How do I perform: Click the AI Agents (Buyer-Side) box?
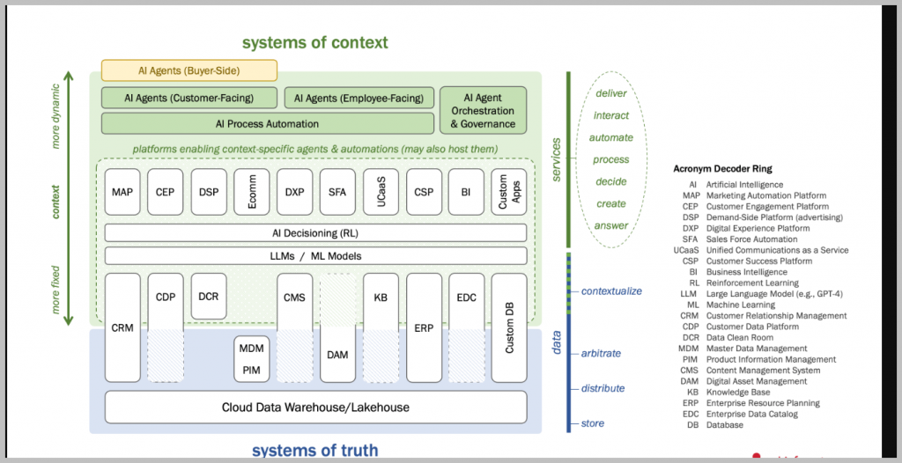pyautogui.click(x=189, y=70)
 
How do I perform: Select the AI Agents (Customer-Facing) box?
pyautogui.click(x=189, y=98)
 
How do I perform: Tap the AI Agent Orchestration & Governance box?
pyautogui.click(x=483, y=111)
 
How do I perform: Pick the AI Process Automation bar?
pyautogui.click(x=268, y=123)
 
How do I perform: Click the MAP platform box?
pyautogui.click(x=122, y=191)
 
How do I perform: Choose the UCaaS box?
pyautogui.click(x=380, y=191)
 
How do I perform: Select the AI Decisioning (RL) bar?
pyautogui.click(x=315, y=232)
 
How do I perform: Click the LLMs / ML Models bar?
pyautogui.click(x=315, y=256)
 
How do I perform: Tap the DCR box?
pyautogui.click(x=208, y=297)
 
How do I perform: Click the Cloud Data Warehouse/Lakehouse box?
pyautogui.click(x=315, y=408)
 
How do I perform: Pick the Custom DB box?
pyautogui.click(x=509, y=327)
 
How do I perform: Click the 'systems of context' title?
pyautogui.click(x=314, y=42)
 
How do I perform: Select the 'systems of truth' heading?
pyautogui.click(x=314, y=451)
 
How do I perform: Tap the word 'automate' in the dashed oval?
pyautogui.click(x=611, y=137)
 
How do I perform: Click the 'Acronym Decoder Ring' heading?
pyautogui.click(x=721, y=167)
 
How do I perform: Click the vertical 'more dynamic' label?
pyautogui.click(x=56, y=114)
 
